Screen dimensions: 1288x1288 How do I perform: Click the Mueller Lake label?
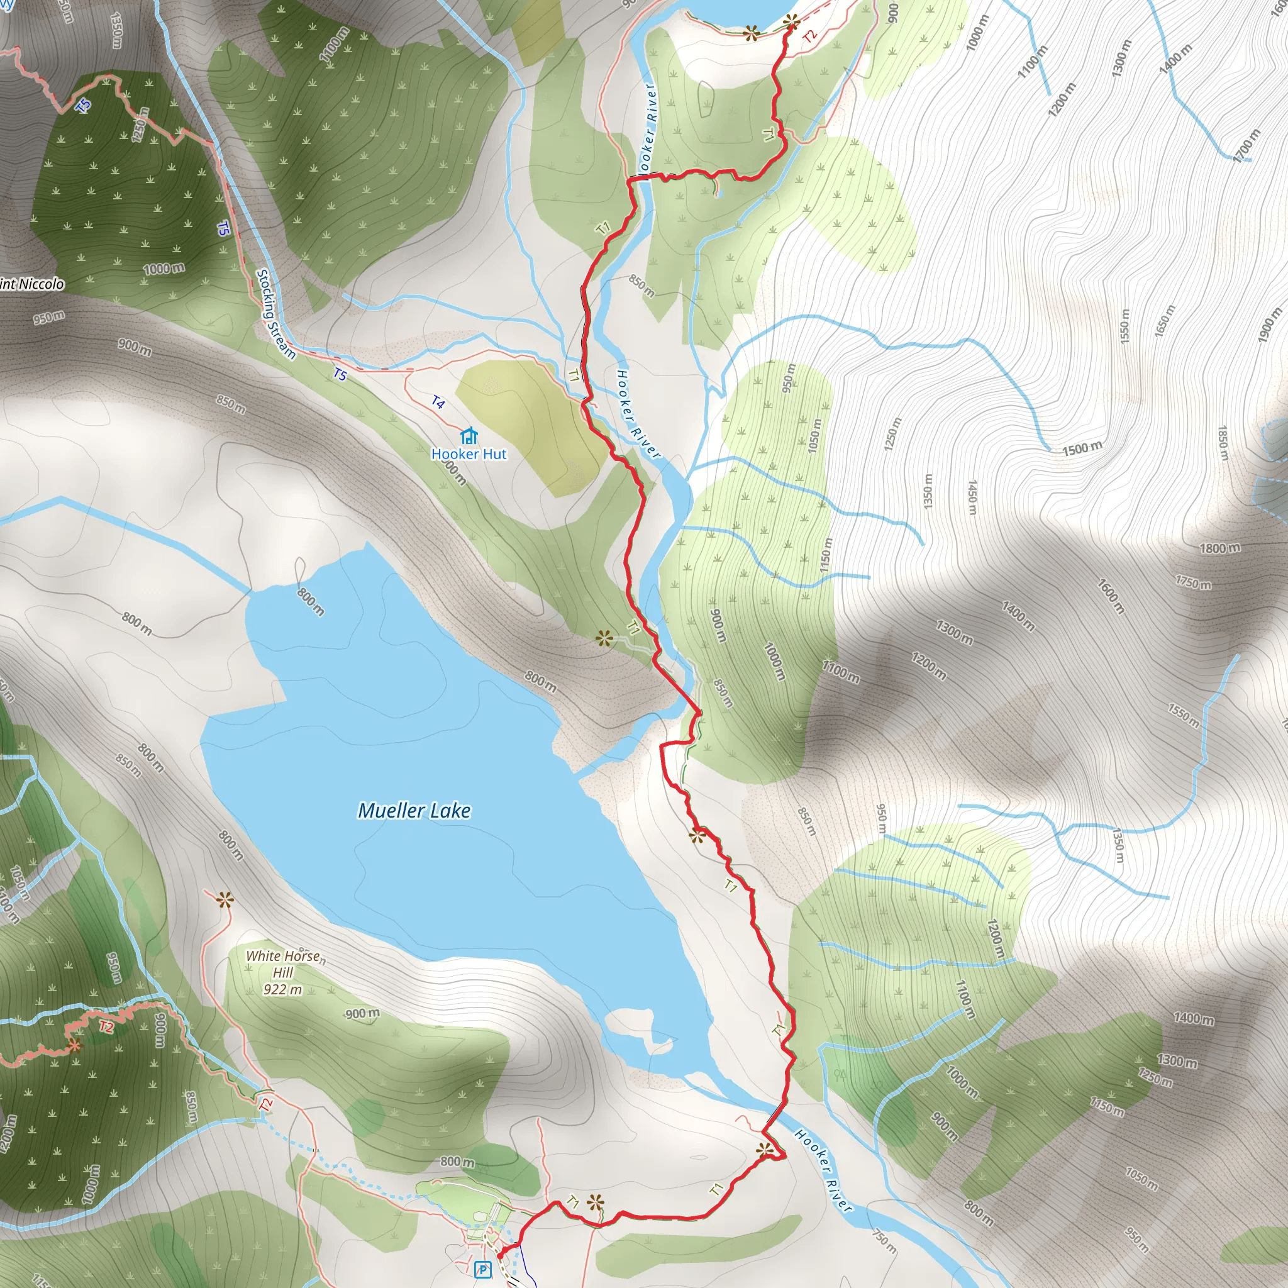click(x=414, y=811)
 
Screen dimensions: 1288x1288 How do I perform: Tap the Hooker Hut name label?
click(x=469, y=454)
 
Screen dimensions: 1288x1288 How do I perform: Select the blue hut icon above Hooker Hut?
click(x=469, y=436)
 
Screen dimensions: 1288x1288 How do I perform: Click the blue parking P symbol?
click(x=482, y=1269)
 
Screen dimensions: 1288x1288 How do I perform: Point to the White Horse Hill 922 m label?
click(x=284, y=973)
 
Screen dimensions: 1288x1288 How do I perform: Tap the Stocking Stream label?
click(x=276, y=313)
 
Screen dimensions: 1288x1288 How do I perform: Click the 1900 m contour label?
click(x=1270, y=325)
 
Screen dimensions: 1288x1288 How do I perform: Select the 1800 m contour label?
click(x=1220, y=548)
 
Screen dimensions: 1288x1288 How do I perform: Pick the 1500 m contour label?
click(x=1081, y=448)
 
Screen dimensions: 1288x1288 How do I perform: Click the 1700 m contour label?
click(x=1246, y=145)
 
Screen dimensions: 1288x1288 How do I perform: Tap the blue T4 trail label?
click(x=437, y=402)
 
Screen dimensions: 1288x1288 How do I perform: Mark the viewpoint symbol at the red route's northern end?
click(x=791, y=23)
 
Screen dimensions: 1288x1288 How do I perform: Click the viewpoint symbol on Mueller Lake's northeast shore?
click(x=604, y=639)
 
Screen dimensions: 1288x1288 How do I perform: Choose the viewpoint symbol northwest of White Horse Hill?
click(x=225, y=901)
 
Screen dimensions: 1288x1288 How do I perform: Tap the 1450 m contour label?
click(x=972, y=497)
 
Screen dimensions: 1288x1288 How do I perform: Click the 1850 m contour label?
click(x=1223, y=443)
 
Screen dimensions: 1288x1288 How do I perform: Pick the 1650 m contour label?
click(x=1164, y=321)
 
